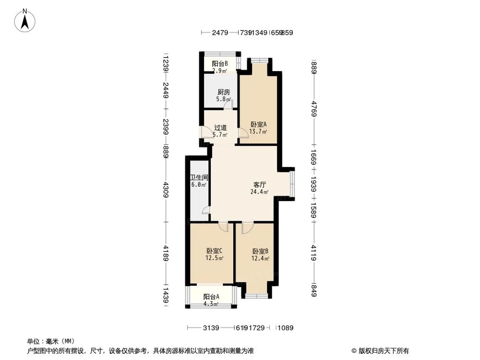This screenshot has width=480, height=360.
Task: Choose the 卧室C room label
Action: tap(214, 251)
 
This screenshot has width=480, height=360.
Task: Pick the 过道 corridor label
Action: tap(220, 128)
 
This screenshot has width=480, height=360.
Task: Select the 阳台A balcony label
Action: tap(211, 297)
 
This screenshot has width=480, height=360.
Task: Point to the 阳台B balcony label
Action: tap(220, 63)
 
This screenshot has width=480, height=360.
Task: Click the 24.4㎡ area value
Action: tap(259, 192)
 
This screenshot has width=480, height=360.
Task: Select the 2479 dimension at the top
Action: tap(220, 33)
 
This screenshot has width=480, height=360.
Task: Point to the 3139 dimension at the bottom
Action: tap(211, 328)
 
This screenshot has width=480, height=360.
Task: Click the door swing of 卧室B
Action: tap(246, 227)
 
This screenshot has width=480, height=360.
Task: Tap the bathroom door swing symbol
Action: tap(205, 210)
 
